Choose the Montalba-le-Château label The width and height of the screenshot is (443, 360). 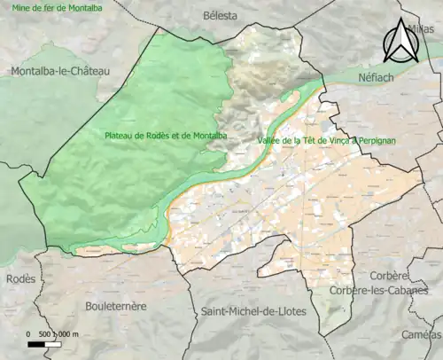click(58, 71)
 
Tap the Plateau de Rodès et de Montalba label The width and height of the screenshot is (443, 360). click(166, 136)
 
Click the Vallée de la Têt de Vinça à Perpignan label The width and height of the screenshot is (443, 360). click(325, 141)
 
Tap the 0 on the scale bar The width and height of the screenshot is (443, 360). click(29, 333)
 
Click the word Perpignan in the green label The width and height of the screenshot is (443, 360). click(376, 141)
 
